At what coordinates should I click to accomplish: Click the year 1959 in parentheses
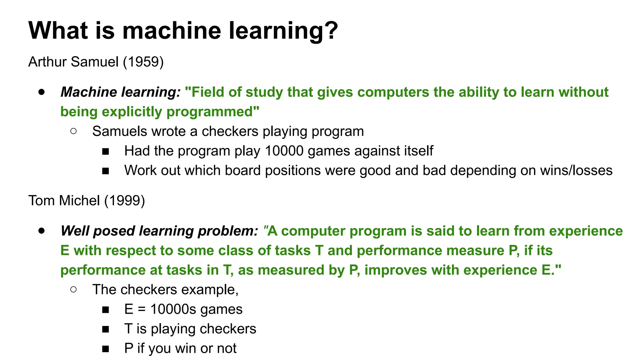(143, 62)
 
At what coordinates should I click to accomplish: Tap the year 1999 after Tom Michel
(125, 200)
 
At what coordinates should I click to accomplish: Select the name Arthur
(47, 62)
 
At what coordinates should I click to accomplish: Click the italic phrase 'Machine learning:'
(121, 92)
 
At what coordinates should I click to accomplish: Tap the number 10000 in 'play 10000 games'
(284, 151)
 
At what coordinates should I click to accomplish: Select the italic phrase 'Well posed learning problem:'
(159, 231)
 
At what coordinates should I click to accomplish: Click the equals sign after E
(142, 309)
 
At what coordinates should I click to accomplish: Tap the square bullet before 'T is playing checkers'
(105, 329)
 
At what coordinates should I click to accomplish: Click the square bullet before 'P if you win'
(105, 349)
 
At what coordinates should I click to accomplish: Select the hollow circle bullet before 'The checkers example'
(74, 289)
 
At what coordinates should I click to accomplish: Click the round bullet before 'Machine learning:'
(42, 92)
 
